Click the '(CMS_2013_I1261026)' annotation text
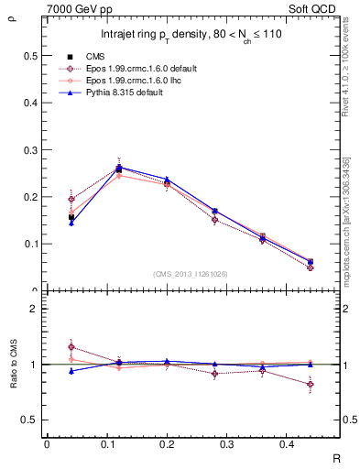[x=191, y=275]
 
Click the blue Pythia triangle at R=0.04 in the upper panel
[x=71, y=223]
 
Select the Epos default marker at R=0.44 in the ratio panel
[x=311, y=385]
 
